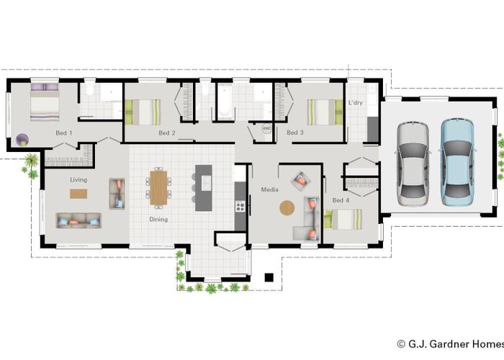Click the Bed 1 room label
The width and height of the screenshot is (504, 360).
[x=64, y=132]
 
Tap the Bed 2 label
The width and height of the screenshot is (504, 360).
[x=167, y=132]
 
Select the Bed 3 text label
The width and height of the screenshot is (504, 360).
[x=295, y=132]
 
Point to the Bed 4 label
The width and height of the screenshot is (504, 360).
[x=341, y=200]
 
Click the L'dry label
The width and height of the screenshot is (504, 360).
[x=356, y=102]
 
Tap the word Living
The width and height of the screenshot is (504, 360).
[x=78, y=180]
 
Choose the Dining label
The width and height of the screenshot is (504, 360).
[x=158, y=219]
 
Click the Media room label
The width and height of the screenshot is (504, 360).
[x=270, y=189]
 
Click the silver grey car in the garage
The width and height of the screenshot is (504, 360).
[x=413, y=163]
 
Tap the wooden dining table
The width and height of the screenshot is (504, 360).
[x=158, y=188]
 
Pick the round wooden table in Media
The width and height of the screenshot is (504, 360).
[x=287, y=208]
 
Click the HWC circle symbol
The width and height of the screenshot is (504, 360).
[x=266, y=129]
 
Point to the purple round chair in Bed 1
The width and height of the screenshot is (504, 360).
[x=22, y=140]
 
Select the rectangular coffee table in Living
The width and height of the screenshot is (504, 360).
[x=78, y=194]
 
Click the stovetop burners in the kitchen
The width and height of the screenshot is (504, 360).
[x=240, y=206]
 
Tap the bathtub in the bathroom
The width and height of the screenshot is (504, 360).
[x=224, y=101]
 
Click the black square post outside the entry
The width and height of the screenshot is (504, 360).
[x=269, y=277]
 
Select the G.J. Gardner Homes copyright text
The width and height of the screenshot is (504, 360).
[x=450, y=344]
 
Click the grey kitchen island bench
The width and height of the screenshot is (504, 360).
[x=204, y=188]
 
